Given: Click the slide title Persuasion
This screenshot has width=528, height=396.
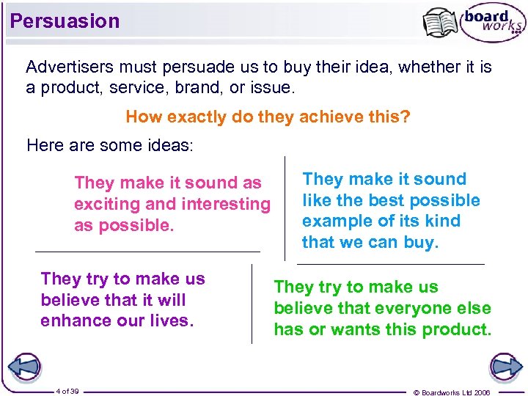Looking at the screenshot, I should click(x=65, y=21).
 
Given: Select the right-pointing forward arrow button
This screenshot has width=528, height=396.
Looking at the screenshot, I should click(x=505, y=367).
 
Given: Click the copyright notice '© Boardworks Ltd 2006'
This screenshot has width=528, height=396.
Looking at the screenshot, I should click(x=462, y=392).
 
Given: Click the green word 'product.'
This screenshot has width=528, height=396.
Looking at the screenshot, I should click(x=457, y=329).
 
